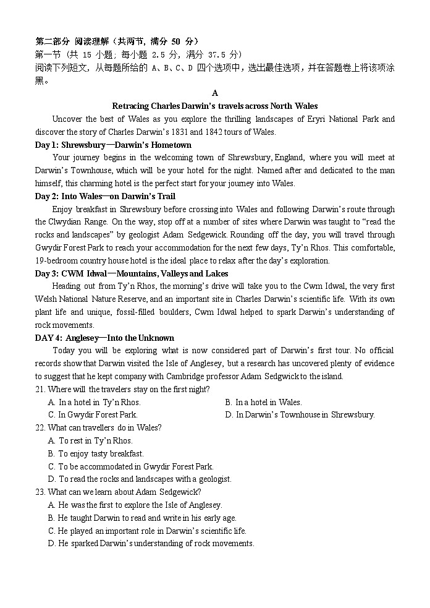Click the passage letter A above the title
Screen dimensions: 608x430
click(215, 93)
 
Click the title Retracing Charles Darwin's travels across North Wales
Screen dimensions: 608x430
click(215, 106)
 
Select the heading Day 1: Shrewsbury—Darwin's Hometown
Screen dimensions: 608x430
click(113, 145)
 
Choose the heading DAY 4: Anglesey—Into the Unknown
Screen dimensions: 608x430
click(104, 338)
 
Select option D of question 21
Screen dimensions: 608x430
click(300, 415)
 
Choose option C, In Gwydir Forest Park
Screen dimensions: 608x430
click(93, 415)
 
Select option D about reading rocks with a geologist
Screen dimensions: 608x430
click(140, 479)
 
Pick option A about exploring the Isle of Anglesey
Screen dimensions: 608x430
click(135, 505)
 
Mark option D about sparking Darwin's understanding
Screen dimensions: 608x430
click(151, 544)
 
